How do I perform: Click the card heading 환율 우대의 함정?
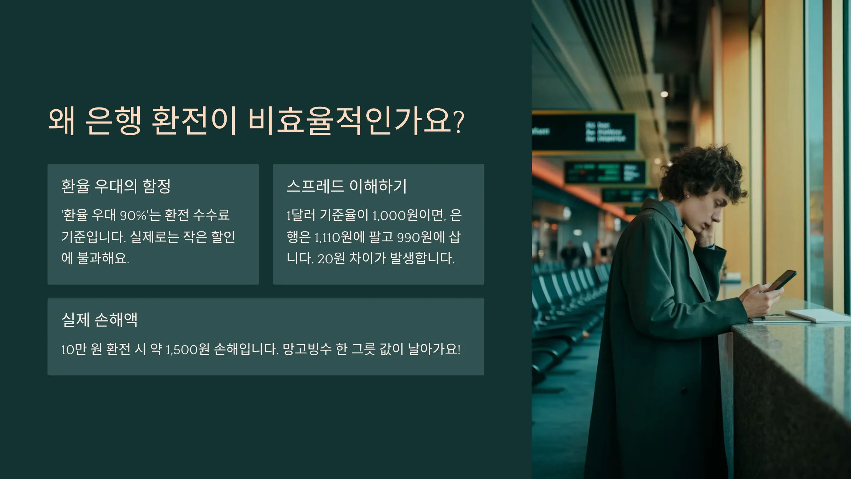(116, 186)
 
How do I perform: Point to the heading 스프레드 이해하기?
(346, 186)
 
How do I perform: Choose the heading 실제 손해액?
(99, 320)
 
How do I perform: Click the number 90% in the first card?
(133, 215)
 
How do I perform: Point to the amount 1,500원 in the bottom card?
(188, 349)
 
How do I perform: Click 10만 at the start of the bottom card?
(74, 349)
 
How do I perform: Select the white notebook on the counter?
(816, 315)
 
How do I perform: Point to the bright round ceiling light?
(664, 94)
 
